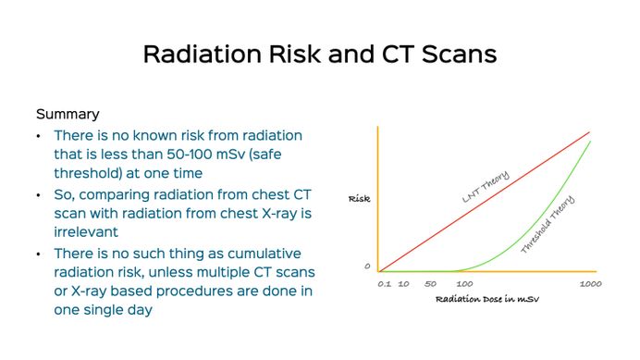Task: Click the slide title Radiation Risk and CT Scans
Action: tap(319, 54)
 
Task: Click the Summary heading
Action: tap(68, 115)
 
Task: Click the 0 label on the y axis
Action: tap(367, 267)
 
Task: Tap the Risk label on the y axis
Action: tap(359, 199)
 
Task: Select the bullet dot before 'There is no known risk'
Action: tap(39, 135)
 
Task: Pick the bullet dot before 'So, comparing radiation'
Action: tap(39, 195)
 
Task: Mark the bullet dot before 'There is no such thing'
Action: tap(39, 254)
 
